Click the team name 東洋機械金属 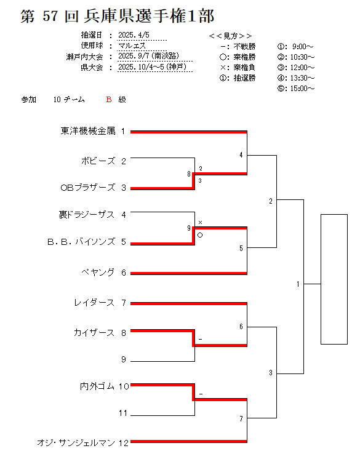88,131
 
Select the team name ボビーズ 98,161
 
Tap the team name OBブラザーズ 88,188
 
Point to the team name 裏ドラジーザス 87,215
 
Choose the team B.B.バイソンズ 81,242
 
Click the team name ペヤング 98,273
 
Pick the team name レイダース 94,303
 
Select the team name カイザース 94,333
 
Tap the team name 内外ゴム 97,386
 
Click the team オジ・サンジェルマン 76,443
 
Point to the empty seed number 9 124,360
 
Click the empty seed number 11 123,413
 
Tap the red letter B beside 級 109,100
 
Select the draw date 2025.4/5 134,35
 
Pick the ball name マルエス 132,46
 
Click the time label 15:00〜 302,89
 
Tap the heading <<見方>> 231,36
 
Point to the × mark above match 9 200,223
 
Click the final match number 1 298,284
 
